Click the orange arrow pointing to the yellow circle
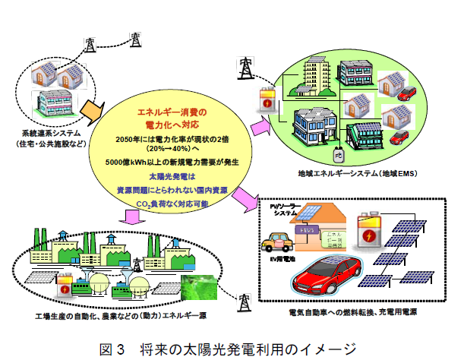coord(92,112)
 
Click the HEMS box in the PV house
coord(307,229)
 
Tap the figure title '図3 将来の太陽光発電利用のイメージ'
coord(229,349)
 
